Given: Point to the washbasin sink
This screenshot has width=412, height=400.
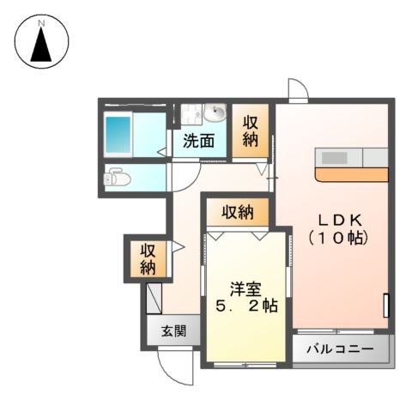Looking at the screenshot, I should [x=215, y=114].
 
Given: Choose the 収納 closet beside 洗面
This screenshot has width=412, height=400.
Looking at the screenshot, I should [x=250, y=131].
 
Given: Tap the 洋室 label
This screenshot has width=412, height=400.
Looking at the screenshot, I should [x=245, y=288].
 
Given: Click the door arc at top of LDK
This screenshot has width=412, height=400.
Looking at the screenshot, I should [x=296, y=88].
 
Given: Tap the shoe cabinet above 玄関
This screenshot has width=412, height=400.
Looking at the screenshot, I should [x=154, y=300].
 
